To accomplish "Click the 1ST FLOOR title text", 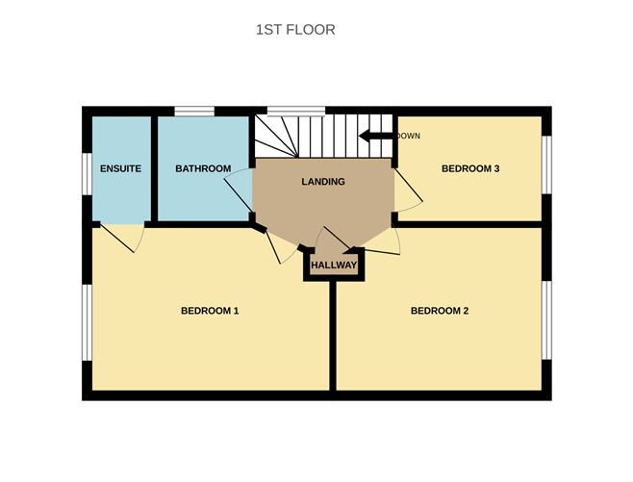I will coord(295,30).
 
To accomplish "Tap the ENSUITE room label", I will coord(121,169).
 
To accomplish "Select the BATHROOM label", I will coord(203,169).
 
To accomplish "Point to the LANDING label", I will coord(323,182).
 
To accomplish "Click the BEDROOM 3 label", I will coord(470,169).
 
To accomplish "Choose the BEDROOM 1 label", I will coord(210,311).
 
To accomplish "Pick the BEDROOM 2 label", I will coord(440,311).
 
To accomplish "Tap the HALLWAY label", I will coord(335,266).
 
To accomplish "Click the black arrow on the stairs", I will coord(376,137).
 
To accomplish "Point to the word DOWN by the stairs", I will coord(409,136).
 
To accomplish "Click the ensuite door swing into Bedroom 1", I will coord(123,239).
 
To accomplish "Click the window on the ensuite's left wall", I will coord(87,169).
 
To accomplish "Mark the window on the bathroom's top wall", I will coord(193,110).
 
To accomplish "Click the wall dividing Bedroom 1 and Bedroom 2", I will coord(334,337).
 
